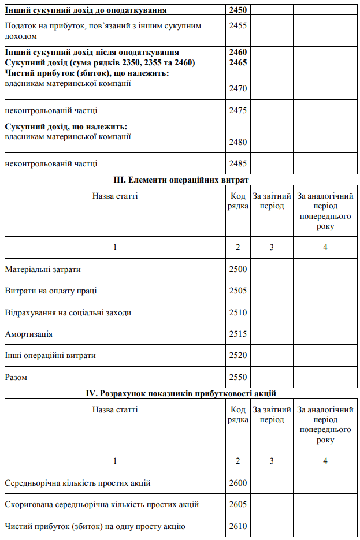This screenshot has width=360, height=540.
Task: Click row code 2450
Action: coord(238,10)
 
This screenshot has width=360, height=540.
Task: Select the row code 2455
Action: coord(238,25)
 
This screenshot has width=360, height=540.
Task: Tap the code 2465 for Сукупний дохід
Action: coord(238,62)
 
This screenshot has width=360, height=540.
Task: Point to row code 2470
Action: coord(238,88)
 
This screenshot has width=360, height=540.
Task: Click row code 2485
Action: coord(238,163)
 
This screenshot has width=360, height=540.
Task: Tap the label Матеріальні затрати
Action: coord(43,269)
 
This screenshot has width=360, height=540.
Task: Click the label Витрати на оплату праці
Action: coord(51,291)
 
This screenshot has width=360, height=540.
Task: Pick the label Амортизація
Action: coord(28,334)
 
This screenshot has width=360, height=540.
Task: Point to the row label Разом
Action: coord(16,377)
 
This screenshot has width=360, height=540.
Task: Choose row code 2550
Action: coord(238,377)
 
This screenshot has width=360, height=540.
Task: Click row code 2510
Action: coord(238,312)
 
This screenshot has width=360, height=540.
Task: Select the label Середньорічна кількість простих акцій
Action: coord(77,483)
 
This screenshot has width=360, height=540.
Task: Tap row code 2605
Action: coord(238,504)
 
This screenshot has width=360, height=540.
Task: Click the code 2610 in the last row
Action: coord(238,526)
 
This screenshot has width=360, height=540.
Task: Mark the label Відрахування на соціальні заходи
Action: coord(68,312)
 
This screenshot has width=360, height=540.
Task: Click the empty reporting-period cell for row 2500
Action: coord(272,269)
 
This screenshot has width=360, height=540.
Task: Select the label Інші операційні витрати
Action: coord(50,355)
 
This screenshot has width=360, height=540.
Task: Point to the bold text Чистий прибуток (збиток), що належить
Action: coord(87,73)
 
